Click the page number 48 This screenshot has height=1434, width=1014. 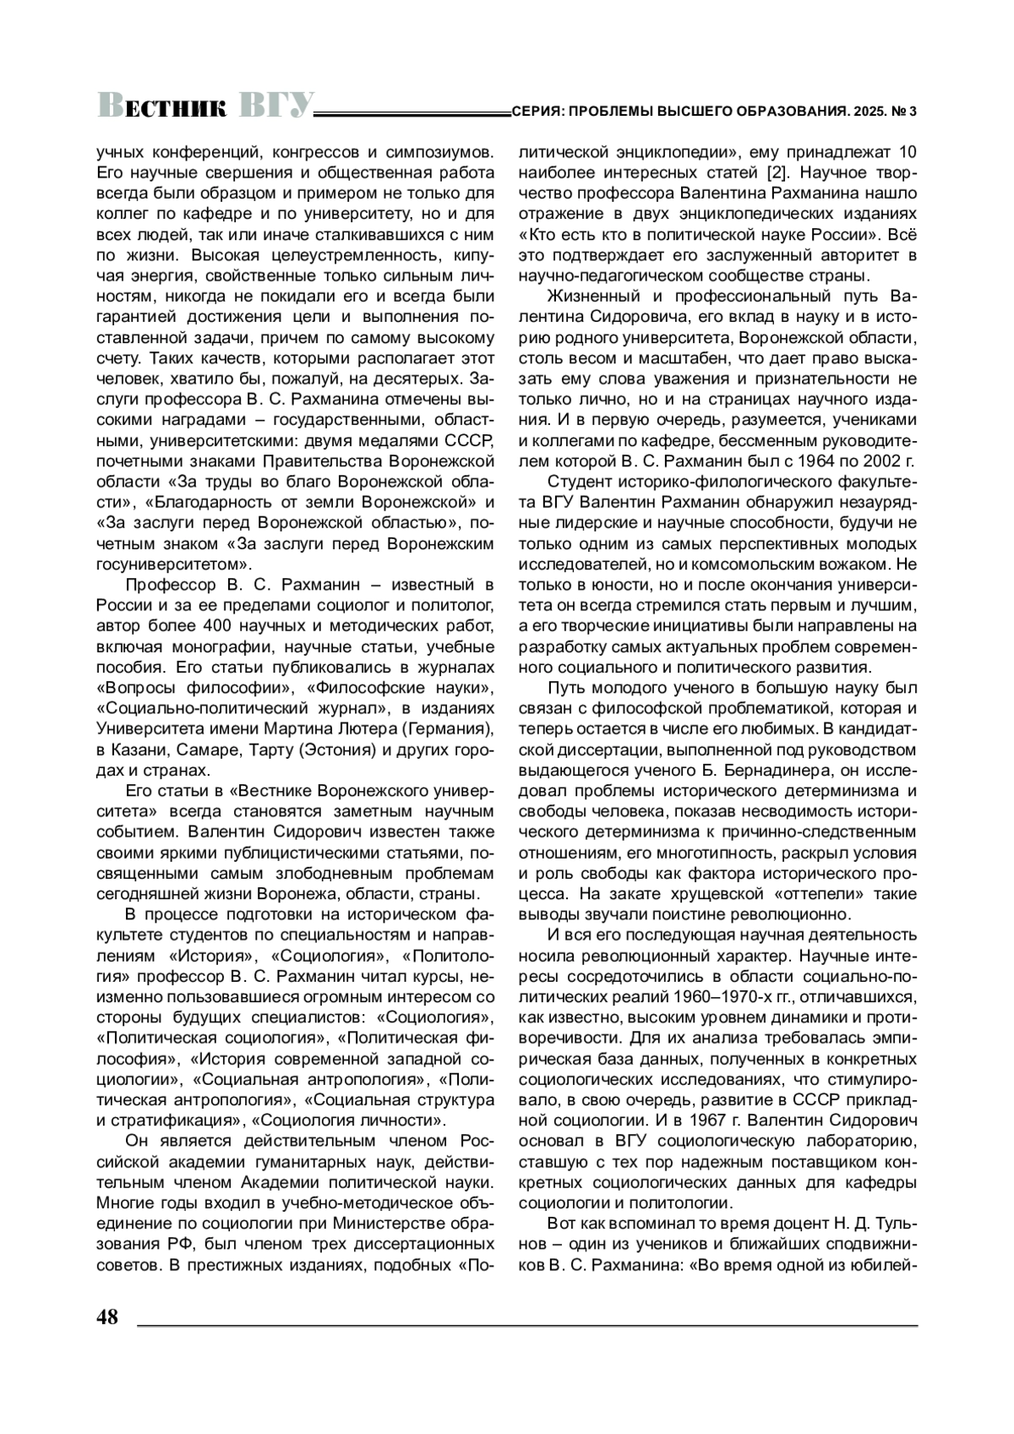point(107,1317)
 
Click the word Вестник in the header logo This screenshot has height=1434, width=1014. point(163,106)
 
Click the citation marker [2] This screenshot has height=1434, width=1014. point(779,173)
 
